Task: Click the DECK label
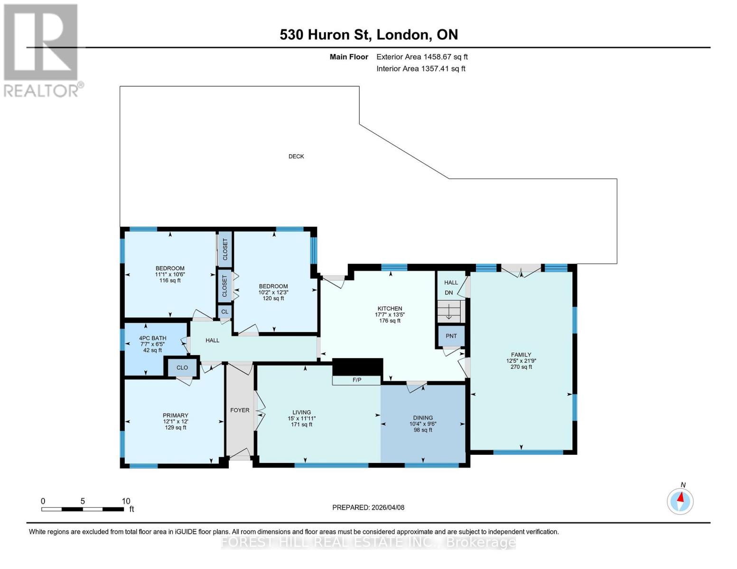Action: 296,156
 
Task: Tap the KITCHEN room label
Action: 390,309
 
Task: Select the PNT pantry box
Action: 451,336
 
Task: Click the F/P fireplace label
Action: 357,380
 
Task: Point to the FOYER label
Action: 240,410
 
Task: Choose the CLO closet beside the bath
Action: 182,367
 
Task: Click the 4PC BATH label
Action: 152,339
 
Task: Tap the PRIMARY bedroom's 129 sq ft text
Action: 176,428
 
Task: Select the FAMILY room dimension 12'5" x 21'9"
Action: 521,361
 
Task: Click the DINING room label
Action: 423,418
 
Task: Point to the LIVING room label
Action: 301,413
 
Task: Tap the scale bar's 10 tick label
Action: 126,501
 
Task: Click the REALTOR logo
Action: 42,50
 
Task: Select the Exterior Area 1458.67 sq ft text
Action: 422,57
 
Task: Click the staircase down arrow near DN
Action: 448,312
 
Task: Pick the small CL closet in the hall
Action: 225,312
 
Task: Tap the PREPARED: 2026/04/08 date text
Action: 368,507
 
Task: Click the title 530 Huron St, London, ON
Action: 369,35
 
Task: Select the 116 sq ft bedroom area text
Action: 170,281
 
